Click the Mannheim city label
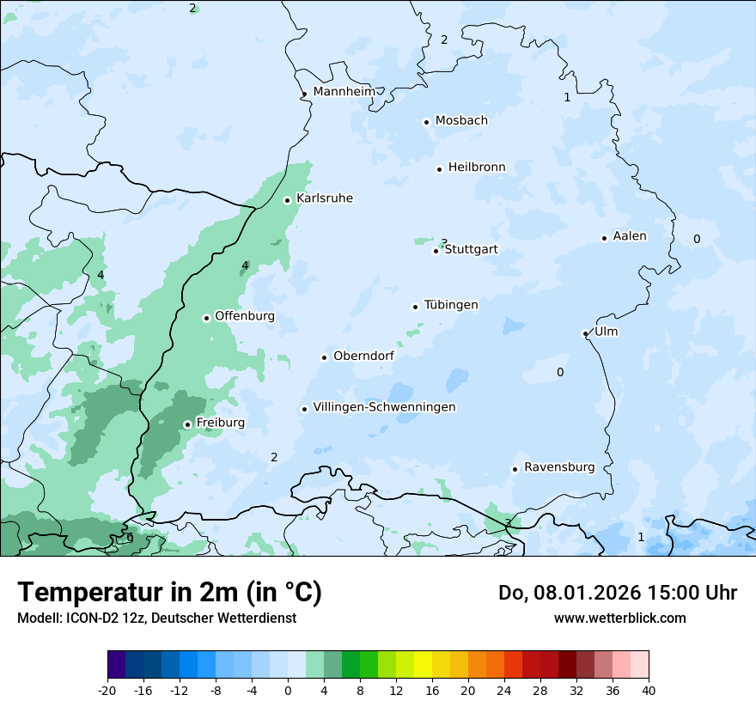point(344,91)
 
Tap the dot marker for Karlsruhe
point(288,200)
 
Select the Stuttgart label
point(471,249)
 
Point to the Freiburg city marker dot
point(187,424)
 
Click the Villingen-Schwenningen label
point(384,407)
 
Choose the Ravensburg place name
point(559,467)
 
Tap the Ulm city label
point(606,332)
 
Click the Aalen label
point(630,236)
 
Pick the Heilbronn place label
point(477,168)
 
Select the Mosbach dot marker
point(426,122)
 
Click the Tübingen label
point(451,305)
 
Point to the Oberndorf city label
point(363,356)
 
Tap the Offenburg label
point(245,316)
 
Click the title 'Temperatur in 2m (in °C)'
point(169,592)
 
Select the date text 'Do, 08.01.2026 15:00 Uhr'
point(618,593)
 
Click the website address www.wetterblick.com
point(620,618)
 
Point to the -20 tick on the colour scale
point(107,690)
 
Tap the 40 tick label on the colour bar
point(649,690)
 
